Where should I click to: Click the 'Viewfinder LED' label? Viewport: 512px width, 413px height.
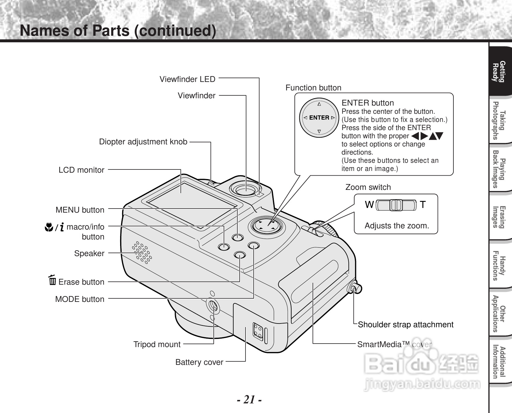[x=187, y=79]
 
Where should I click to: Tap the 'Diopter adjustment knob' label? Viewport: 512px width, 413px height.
[x=143, y=142]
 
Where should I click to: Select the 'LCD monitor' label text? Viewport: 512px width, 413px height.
[x=81, y=170]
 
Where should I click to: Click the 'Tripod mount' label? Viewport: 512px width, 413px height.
[x=157, y=344]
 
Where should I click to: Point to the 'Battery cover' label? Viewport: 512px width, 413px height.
[x=199, y=362]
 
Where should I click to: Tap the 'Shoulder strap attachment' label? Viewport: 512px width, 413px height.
[x=405, y=325]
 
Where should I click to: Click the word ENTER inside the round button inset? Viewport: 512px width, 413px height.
[x=319, y=118]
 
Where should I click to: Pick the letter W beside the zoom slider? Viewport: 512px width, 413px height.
[x=369, y=205]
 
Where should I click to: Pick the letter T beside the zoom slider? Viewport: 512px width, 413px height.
[x=423, y=205]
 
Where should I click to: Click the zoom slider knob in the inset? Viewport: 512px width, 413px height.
[x=396, y=205]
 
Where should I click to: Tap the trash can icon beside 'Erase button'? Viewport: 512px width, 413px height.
[x=52, y=281]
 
